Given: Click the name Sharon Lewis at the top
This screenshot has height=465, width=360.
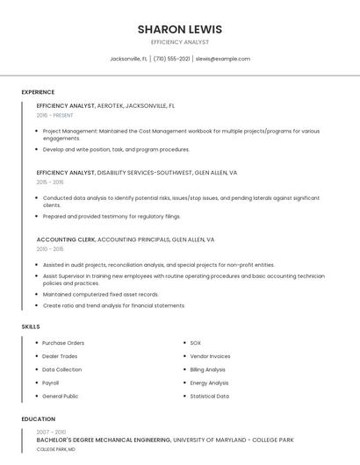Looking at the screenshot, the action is tap(179, 29).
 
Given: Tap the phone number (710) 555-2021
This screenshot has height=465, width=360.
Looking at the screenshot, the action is tap(171, 59).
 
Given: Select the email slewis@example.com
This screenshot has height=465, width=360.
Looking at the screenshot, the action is tap(223, 59).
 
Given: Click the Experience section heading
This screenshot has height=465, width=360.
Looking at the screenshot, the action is tap(38, 92).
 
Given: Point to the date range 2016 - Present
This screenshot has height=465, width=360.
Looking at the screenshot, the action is tap(54, 115).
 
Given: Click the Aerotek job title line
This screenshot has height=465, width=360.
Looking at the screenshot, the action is tap(105, 105).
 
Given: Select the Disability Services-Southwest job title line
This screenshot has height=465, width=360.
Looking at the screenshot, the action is tap(137, 173).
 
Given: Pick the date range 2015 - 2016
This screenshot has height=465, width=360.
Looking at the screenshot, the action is tap(50, 182).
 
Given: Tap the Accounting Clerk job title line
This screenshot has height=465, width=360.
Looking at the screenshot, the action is tap(126, 240).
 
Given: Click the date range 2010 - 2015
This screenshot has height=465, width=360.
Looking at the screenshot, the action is tap(50, 249).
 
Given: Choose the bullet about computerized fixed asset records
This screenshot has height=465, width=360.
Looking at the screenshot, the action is tap(100, 295).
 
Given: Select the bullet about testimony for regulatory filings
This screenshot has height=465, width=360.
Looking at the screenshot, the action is tap(112, 216).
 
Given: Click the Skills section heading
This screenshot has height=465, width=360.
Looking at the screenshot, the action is tap(31, 326).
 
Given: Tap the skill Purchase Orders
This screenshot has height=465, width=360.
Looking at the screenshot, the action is tap(63, 343).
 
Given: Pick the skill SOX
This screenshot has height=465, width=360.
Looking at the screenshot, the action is tap(196, 343).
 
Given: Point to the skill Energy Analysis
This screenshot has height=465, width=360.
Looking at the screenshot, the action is tap(209, 383).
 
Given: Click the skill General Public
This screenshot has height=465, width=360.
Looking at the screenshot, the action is tap(61, 396).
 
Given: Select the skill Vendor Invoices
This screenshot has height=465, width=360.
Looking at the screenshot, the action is tap(210, 356).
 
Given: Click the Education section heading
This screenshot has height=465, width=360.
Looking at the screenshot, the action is tap(39, 419).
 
